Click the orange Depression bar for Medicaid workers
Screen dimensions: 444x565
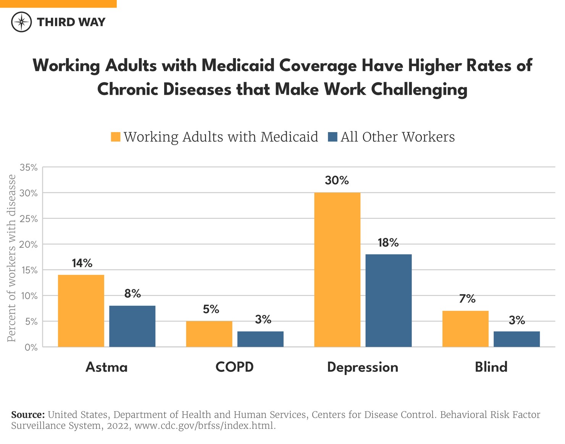pyautogui.click(x=337, y=270)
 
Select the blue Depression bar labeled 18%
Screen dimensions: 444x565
pyautogui.click(x=388, y=300)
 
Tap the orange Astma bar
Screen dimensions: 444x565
pyautogui.click(x=81, y=311)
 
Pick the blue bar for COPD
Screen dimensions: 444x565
pyautogui.click(x=260, y=339)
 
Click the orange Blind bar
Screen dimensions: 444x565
pyautogui.click(x=465, y=329)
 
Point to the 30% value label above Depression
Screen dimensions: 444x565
pyautogui.click(x=337, y=180)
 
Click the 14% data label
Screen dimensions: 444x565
pyautogui.click(x=82, y=263)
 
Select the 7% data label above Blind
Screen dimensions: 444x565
pyautogui.click(x=467, y=299)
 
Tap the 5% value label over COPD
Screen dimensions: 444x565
pyautogui.click(x=211, y=309)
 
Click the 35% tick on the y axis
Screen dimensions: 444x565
pyautogui.click(x=29, y=167)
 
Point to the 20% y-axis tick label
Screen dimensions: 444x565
pyautogui.click(x=29, y=244)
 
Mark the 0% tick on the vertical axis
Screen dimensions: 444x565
pyautogui.click(x=31, y=347)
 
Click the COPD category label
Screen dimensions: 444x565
pyautogui.click(x=234, y=367)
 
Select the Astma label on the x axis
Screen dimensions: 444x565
pyautogui.click(x=107, y=367)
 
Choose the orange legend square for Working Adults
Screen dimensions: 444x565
pyautogui.click(x=116, y=137)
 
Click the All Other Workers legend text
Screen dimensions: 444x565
pyautogui.click(x=397, y=137)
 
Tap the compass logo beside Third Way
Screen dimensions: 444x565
pyautogui.click(x=21, y=22)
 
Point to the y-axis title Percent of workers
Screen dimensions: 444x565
pyautogui.click(x=12, y=258)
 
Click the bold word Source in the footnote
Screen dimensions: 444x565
pyautogui.click(x=28, y=415)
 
